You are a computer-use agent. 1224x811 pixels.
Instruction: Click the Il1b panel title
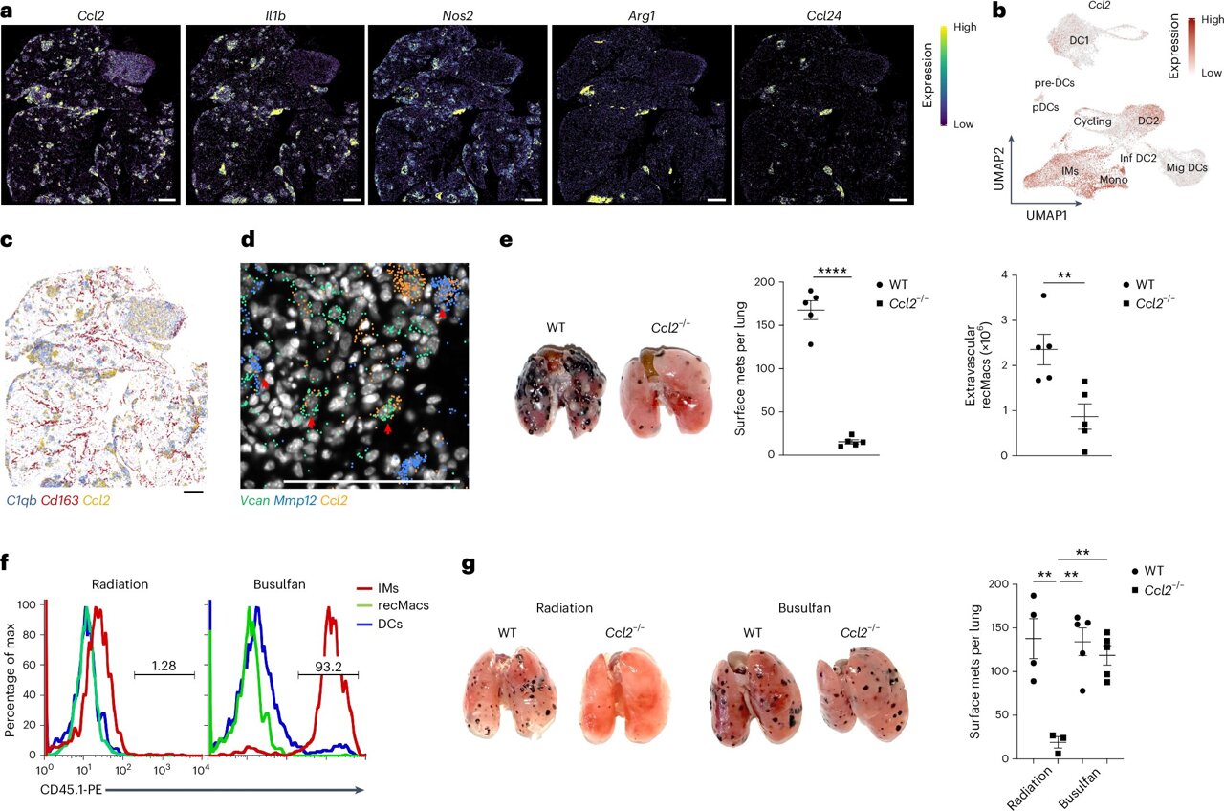click(x=273, y=13)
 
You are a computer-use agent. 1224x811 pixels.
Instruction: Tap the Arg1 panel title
click(x=641, y=13)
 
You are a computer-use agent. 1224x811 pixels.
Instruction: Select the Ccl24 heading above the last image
click(x=823, y=13)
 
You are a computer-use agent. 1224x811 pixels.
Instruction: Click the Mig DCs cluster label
click(x=1186, y=168)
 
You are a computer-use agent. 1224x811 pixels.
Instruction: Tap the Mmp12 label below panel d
click(x=301, y=500)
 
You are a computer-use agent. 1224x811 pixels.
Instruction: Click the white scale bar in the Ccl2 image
click(x=166, y=201)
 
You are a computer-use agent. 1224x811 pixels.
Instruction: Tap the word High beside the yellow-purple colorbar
click(x=965, y=28)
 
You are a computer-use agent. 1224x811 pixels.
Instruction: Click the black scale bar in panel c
click(x=193, y=492)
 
